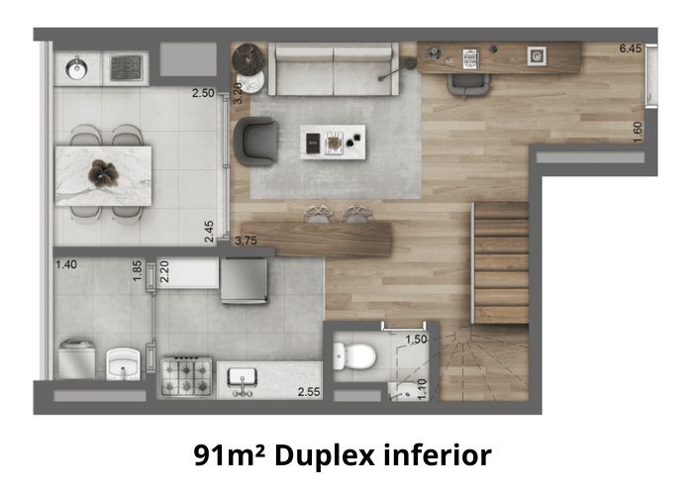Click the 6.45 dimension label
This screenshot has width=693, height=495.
point(631,49)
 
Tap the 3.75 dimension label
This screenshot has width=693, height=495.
point(247,241)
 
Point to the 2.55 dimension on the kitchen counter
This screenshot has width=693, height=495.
point(309,392)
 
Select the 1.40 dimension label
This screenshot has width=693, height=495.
point(66,264)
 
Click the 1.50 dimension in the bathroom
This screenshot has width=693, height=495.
point(417,340)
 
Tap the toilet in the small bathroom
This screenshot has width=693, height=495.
point(354,356)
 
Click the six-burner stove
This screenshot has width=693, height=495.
point(186,377)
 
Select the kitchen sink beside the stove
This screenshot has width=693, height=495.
point(242,379)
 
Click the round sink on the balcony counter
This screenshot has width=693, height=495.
point(77,68)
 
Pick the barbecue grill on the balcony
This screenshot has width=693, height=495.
point(126,68)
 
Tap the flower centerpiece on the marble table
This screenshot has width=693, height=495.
point(103,172)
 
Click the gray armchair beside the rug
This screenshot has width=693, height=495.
point(255,142)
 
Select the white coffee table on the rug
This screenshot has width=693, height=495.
point(333,142)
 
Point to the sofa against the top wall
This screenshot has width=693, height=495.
point(334,69)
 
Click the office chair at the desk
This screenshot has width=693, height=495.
point(468,84)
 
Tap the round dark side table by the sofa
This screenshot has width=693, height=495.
point(249,58)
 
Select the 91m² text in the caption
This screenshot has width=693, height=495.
point(230,455)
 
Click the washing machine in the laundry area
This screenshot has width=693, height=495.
point(76,358)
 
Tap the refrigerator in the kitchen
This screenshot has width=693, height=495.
point(244,280)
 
